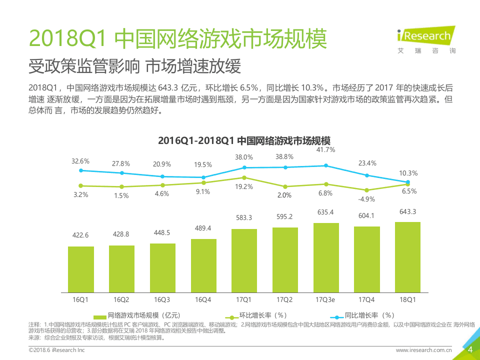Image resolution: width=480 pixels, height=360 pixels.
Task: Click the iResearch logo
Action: (426, 38)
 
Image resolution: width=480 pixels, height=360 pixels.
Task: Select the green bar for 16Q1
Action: (81, 269)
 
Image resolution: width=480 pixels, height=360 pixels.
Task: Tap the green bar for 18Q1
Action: (407, 257)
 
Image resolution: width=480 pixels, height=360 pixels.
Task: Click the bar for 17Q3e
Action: (326, 257)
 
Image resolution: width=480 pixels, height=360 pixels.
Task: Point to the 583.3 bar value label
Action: (244, 218)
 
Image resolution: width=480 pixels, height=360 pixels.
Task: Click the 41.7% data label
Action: (326, 149)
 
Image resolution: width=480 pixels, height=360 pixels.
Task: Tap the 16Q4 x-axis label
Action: (203, 299)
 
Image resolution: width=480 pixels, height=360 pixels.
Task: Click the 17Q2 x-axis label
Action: (285, 299)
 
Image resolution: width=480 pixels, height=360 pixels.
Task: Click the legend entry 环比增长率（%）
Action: (258, 315)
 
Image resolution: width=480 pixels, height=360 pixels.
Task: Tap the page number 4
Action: (469, 350)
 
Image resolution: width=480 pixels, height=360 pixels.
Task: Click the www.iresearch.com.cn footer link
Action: (424, 350)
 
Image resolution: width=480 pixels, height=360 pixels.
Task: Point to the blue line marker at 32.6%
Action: (81, 170)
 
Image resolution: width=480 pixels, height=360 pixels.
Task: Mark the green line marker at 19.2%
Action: (244, 177)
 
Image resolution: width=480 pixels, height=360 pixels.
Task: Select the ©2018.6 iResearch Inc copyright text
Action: (56, 350)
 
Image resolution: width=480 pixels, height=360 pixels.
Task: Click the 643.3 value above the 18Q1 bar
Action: (407, 211)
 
